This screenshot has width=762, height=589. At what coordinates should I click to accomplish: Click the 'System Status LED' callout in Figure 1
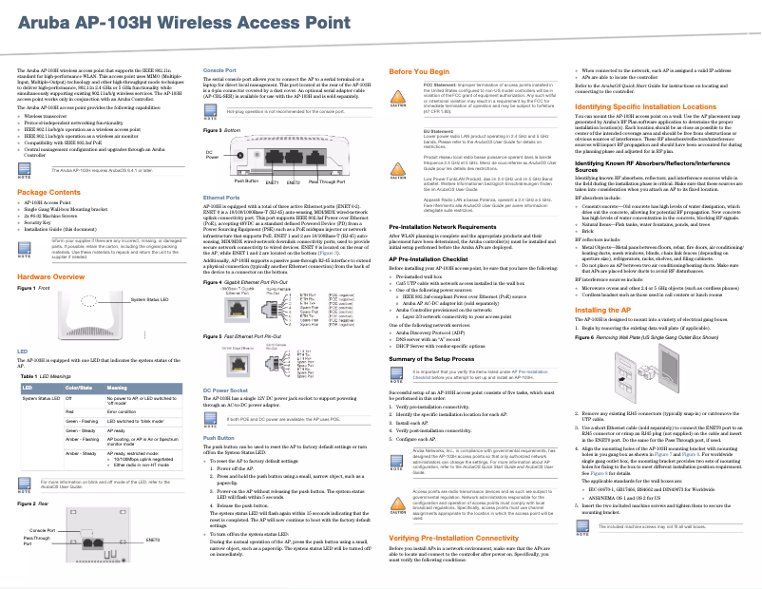point(150,300)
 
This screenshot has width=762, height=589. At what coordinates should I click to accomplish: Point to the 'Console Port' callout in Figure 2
point(43,529)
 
